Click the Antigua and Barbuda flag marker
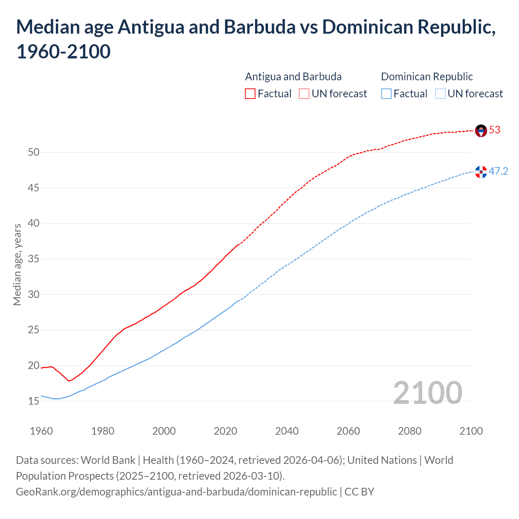tap(481, 131)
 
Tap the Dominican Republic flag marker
tap(481, 172)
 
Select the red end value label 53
tap(495, 130)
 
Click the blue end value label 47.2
tap(498, 172)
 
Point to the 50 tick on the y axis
tap(34, 152)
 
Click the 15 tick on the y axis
tap(34, 401)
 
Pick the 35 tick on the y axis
tap(34, 259)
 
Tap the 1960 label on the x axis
tap(41, 431)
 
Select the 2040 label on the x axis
tap(287, 431)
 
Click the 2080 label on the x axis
tap(410, 431)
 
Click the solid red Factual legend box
tap(250, 94)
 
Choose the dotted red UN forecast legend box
tap(304, 94)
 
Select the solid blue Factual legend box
tap(386, 94)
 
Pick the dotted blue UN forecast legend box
tap(440, 94)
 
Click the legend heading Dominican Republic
tap(427, 77)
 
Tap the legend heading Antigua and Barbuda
tap(293, 77)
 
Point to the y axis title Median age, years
tap(17, 264)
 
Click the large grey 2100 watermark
tap(427, 393)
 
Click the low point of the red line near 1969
tap(69, 381)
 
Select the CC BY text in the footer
tap(359, 492)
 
